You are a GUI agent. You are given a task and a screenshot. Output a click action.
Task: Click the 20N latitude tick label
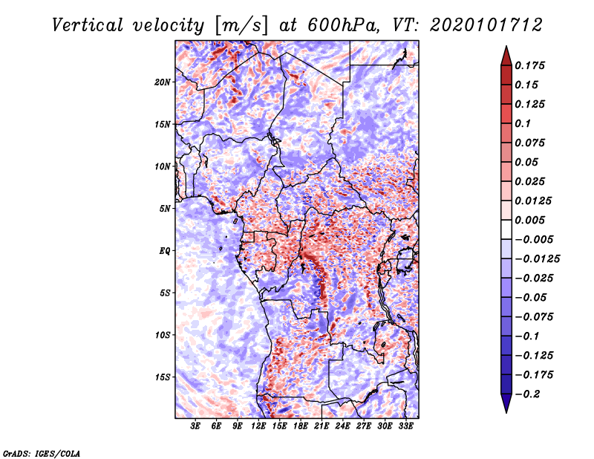click(163, 82)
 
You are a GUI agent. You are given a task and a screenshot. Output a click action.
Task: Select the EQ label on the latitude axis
click(164, 251)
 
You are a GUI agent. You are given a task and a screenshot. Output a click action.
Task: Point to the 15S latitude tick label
click(163, 377)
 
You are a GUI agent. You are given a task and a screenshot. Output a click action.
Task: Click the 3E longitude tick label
click(196, 426)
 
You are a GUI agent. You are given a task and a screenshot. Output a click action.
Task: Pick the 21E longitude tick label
click(322, 426)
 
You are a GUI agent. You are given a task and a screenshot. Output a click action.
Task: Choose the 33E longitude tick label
click(406, 426)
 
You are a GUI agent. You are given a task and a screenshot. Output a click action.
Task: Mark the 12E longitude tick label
click(259, 426)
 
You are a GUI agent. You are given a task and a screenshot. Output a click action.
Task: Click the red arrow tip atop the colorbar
click(506, 51)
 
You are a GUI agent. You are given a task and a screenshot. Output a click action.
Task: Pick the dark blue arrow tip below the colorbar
click(506, 407)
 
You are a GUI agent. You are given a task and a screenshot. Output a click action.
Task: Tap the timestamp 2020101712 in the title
click(479, 25)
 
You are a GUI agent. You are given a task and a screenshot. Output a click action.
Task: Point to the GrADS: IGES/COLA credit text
click(42, 452)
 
